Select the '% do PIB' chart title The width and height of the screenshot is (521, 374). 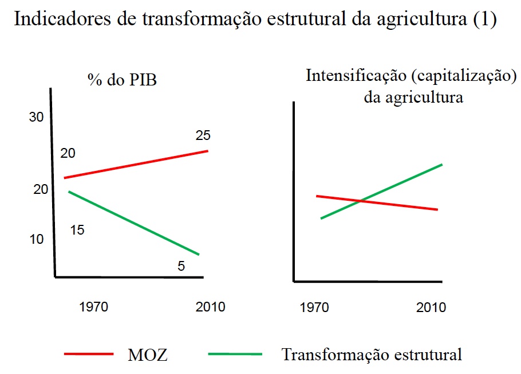tap(122, 80)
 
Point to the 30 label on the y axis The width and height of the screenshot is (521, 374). tap(36, 118)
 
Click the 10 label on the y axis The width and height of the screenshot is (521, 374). tap(36, 239)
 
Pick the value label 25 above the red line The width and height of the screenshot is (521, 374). tap(203, 136)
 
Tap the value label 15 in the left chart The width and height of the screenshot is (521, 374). tap(77, 230)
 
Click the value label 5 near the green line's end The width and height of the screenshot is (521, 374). tap(181, 266)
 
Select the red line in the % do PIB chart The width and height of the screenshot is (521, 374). tap(136, 164)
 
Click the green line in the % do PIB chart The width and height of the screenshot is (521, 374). tap(133, 223)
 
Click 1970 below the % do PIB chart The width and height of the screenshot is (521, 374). tap(94, 307)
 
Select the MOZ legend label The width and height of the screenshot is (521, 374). tap(148, 354)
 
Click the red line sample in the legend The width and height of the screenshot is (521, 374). tap(88, 354)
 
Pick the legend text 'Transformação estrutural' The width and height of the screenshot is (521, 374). tap(371, 354)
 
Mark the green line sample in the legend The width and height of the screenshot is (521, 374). tap(235, 354)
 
